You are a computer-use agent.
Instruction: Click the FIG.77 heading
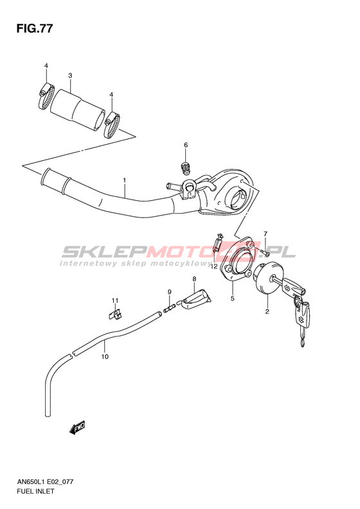coord(34,29)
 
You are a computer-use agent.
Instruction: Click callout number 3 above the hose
coord(70,76)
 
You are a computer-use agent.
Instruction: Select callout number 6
coord(186,145)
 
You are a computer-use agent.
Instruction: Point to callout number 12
coord(213,266)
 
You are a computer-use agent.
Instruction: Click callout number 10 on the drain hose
coord(104,356)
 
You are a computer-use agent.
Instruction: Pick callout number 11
coord(115,301)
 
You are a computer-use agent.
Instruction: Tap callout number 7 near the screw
coord(265,234)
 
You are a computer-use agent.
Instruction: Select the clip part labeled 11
coord(114,314)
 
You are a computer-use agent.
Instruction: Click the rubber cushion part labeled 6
coord(186,167)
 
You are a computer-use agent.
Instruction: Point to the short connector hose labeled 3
coord(78,111)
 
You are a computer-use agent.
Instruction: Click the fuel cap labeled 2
coord(268,279)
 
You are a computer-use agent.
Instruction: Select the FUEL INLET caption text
coord(35,491)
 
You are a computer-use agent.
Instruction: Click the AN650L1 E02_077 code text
coord(44,482)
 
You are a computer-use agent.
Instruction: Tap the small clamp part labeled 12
coord(218,242)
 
